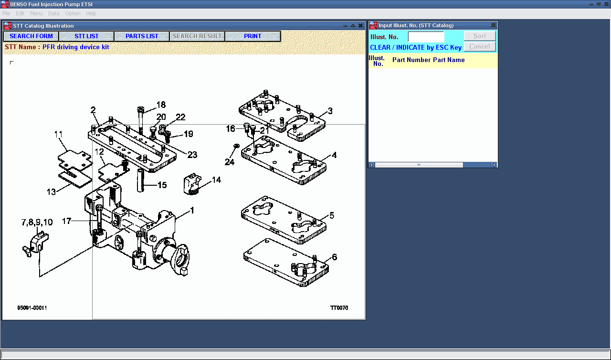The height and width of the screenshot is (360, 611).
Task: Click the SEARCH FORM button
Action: [x=31, y=36]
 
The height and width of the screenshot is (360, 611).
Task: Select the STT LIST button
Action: [x=86, y=36]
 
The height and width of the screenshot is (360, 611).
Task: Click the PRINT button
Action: [x=253, y=36]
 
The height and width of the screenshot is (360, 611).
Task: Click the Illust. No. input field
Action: [x=426, y=37]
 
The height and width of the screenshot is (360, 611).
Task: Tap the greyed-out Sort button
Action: [x=480, y=36]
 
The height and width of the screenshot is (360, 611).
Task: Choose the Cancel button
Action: [x=480, y=47]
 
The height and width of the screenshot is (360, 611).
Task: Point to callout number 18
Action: [x=161, y=105]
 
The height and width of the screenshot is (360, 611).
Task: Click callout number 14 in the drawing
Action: [x=216, y=180]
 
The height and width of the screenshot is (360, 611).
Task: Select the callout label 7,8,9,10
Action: [x=37, y=222]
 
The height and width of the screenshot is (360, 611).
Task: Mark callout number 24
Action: [x=230, y=162]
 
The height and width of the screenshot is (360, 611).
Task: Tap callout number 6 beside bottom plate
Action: [x=334, y=257]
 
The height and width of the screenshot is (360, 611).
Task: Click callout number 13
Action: [x=51, y=191]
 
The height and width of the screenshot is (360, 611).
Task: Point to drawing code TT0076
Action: [x=339, y=308]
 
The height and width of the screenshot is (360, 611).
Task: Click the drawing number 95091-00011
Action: [x=32, y=308]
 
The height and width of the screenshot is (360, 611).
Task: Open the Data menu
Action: [x=54, y=13]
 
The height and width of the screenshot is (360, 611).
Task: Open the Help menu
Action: [x=91, y=13]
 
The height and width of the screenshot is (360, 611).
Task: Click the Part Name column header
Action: [x=449, y=60]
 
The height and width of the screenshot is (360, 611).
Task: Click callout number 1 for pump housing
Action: [x=192, y=210]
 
